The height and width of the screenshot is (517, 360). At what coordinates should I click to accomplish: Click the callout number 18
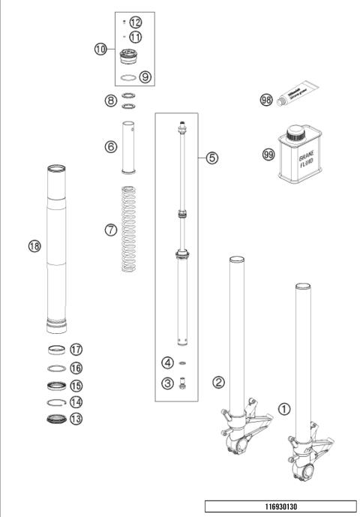[x=34, y=245]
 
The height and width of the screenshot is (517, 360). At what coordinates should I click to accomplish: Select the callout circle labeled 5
[x=212, y=158]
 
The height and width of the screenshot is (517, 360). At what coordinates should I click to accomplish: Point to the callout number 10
[x=101, y=50]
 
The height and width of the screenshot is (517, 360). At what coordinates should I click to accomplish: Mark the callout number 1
[x=284, y=409]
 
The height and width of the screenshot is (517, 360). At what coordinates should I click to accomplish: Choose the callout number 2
[x=218, y=383]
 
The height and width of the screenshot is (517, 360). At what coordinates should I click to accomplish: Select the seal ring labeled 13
[x=55, y=419]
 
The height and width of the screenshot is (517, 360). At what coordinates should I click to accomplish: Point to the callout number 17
[x=75, y=350]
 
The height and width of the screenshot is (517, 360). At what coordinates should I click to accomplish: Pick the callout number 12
[x=136, y=22]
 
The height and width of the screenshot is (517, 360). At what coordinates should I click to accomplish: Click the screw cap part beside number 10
[x=130, y=57]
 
